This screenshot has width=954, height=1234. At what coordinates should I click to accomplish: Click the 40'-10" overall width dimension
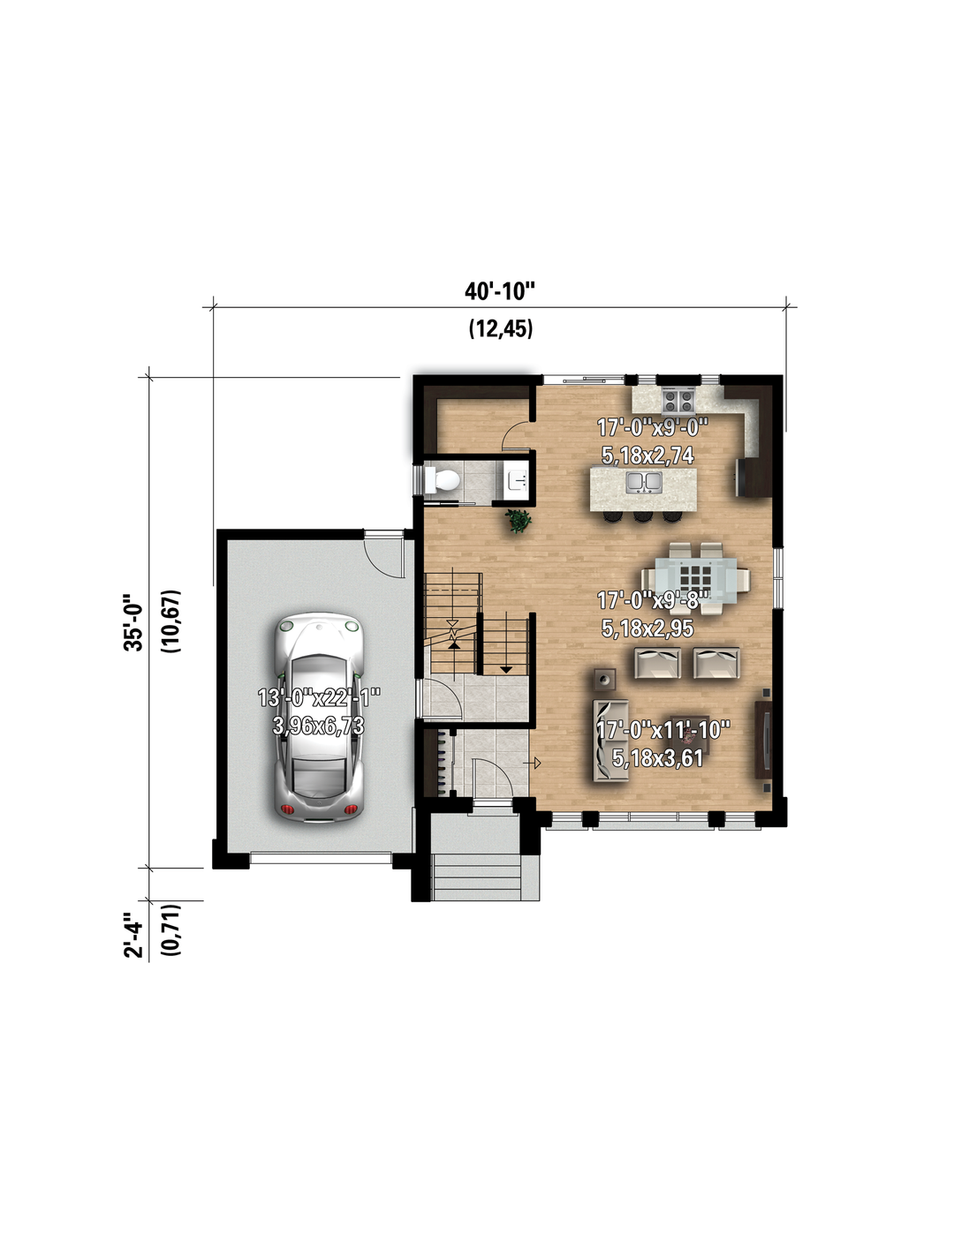500,291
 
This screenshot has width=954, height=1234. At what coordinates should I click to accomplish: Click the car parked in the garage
319,718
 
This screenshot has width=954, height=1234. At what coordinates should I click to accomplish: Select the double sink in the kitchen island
644,482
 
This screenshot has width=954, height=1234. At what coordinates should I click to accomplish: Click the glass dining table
695,580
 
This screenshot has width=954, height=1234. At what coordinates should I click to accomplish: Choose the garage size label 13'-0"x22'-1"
319,697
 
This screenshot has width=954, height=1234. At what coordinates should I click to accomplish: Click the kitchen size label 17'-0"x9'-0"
653,427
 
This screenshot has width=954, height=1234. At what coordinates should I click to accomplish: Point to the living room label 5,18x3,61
657,757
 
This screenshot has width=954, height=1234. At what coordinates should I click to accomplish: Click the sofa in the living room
611,741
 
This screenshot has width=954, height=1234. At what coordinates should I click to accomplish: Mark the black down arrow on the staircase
505,670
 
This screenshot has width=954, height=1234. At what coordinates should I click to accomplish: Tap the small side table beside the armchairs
604,679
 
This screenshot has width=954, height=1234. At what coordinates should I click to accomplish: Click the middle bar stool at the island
643,516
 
